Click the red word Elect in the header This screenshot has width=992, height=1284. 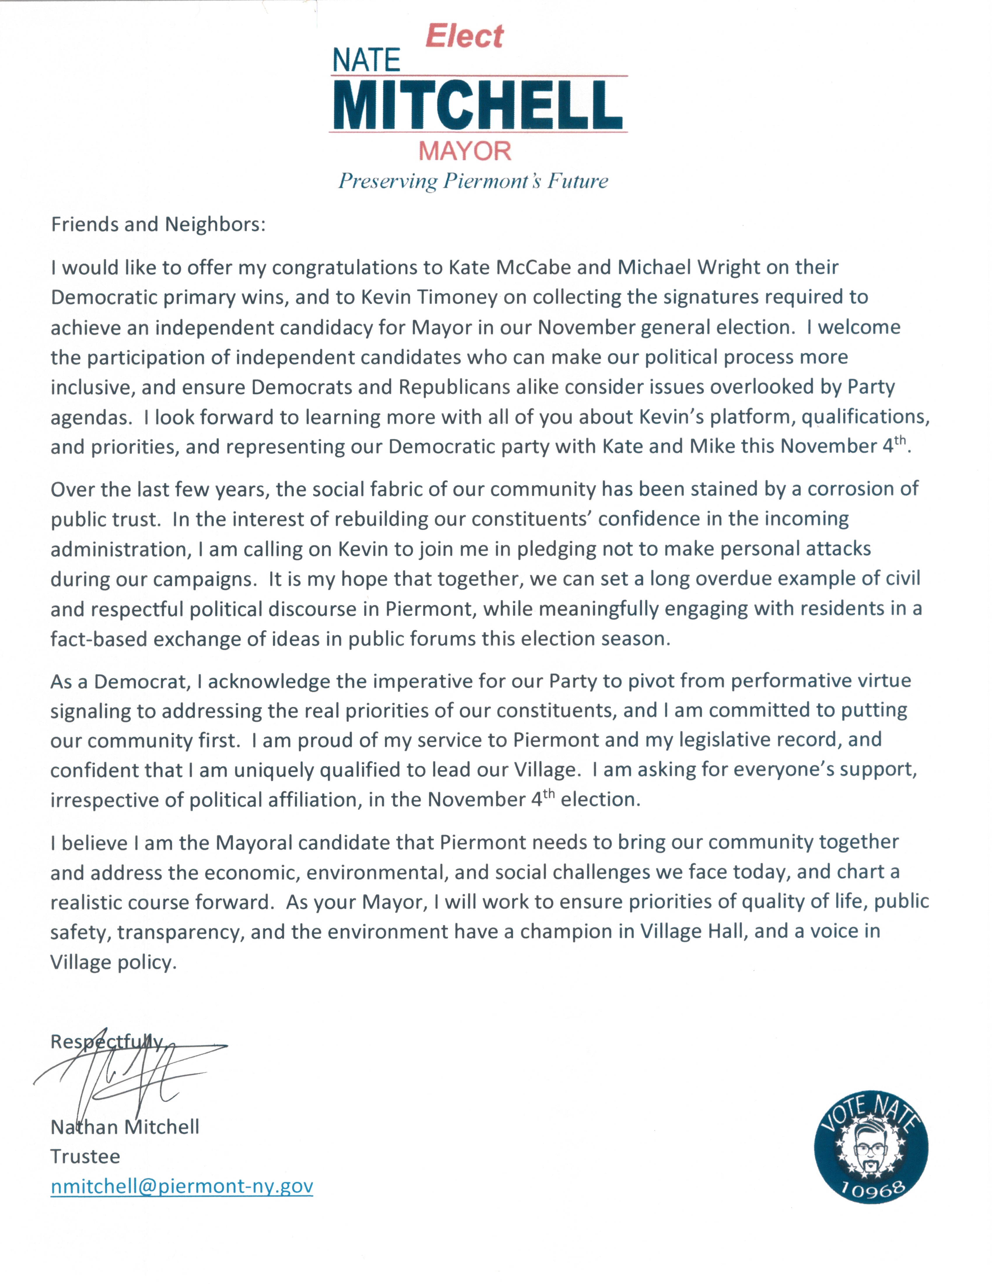[464, 36]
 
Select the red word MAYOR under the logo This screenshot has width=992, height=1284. [465, 151]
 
